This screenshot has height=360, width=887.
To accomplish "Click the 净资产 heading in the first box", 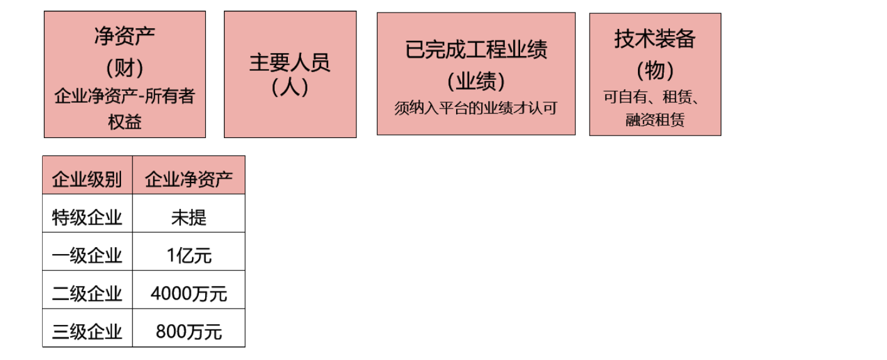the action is tap(124, 36).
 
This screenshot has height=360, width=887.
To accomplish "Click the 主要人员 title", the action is tap(290, 63).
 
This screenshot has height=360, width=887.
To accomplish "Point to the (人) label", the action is tap(290, 87).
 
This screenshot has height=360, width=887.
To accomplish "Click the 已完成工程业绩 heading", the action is tap(476, 49).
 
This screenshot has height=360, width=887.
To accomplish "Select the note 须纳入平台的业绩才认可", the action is tap(476, 108).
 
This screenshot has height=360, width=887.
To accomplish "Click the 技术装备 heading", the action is tap(655, 40).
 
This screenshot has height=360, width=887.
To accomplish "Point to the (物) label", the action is tap(655, 70).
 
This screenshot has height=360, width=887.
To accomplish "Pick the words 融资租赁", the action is tap(655, 120).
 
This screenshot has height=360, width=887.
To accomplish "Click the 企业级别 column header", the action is tap(87, 180).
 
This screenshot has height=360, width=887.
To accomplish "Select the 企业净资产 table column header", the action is tap(189, 180).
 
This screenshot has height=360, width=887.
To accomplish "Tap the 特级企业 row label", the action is tap(87, 218).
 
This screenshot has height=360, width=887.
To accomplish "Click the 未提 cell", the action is tap(189, 218).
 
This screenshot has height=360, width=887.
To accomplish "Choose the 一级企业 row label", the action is tap(87, 256).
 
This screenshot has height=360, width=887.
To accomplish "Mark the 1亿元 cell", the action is tap(189, 256).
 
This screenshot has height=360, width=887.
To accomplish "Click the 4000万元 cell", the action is tap(189, 294).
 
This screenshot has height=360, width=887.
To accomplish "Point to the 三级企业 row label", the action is tap(87, 332).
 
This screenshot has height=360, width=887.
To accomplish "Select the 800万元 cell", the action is tap(189, 332).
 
